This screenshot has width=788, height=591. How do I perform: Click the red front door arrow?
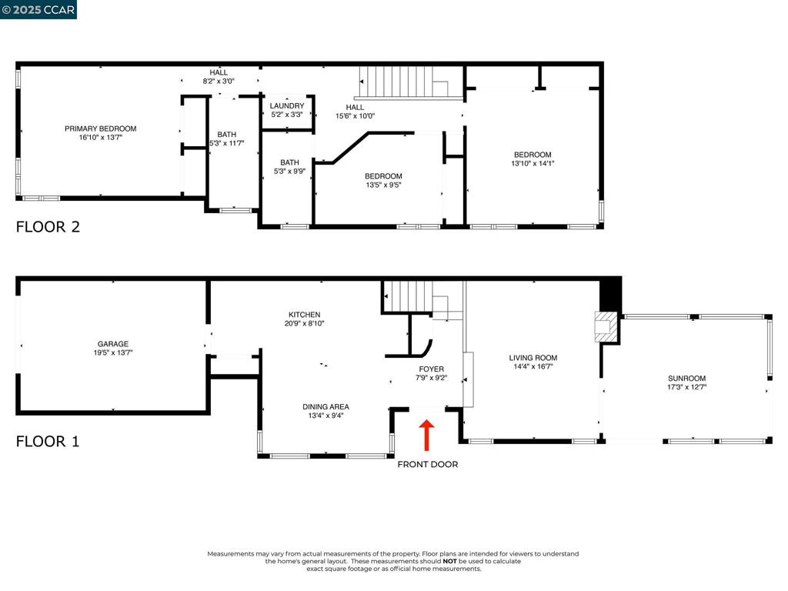[426, 436]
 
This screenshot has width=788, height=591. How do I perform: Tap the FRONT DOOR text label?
[428, 464]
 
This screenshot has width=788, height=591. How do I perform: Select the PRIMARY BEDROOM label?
[101, 129]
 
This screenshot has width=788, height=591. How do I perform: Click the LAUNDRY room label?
[287, 105]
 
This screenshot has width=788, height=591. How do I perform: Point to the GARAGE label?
[113, 344]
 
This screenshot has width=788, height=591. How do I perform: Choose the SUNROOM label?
[686, 379]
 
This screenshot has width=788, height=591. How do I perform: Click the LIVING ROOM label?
[533, 358]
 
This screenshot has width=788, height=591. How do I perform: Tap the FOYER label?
[431, 369]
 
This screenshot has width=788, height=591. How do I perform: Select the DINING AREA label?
[326, 406]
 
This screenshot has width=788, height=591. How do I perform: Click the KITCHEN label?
[305, 315]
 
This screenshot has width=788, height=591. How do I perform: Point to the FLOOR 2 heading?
[48, 227]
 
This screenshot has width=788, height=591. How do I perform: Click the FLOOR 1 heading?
[48, 441]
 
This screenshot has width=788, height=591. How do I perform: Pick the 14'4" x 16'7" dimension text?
[533, 366]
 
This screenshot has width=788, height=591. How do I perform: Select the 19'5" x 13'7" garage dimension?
[113, 352]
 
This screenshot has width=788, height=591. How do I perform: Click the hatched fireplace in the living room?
[606, 327]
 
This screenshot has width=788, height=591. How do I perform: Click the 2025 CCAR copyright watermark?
[38, 9]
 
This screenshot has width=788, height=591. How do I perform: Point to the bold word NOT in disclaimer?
[449, 561]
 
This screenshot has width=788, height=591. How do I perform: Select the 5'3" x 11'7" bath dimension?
[227, 143]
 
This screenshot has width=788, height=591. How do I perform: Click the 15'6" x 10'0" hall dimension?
[356, 115]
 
